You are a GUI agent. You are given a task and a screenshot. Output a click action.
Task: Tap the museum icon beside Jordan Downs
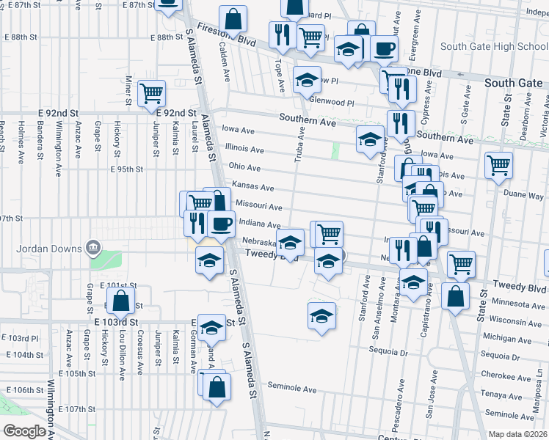[x=92, y=247]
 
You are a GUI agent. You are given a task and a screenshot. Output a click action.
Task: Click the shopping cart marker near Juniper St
[x=151, y=93]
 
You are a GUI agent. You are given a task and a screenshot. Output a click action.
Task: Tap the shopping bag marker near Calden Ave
[x=233, y=19]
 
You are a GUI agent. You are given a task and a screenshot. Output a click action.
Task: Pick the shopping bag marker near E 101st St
[x=119, y=299]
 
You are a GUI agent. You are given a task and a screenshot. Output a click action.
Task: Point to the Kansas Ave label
[x=252, y=187]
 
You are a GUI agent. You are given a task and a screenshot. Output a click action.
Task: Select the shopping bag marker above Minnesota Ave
[x=455, y=296]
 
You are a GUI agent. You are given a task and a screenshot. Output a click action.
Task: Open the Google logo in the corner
[x=25, y=430]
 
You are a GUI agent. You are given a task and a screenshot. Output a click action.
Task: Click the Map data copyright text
[x=517, y=433]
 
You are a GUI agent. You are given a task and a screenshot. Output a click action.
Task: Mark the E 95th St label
[x=126, y=169]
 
